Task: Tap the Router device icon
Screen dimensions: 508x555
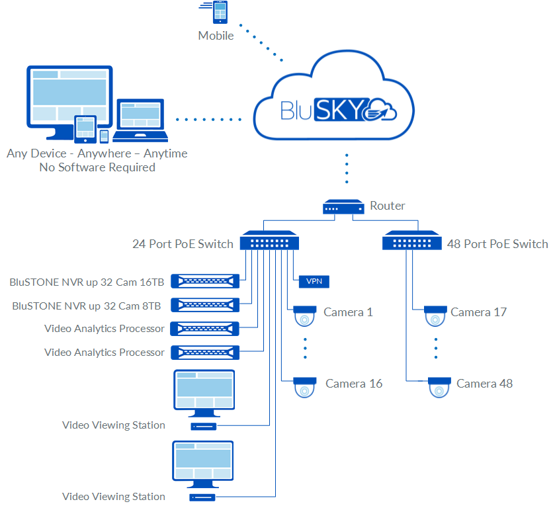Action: (343, 207)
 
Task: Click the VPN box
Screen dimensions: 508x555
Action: (314, 281)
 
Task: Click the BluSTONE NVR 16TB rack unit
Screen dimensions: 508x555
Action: (204, 281)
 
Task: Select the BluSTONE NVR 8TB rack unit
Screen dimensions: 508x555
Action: (204, 305)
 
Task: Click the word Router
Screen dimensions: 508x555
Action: (388, 206)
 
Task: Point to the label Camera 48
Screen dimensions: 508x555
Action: (484, 384)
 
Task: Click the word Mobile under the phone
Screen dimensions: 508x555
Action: (216, 36)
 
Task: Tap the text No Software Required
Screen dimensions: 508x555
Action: (97, 167)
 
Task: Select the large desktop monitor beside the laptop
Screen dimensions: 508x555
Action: (67, 96)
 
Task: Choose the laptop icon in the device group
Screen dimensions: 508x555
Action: (140, 121)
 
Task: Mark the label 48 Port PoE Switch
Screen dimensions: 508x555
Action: (497, 244)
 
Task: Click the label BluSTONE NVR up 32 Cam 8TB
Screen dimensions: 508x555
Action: (87, 306)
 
